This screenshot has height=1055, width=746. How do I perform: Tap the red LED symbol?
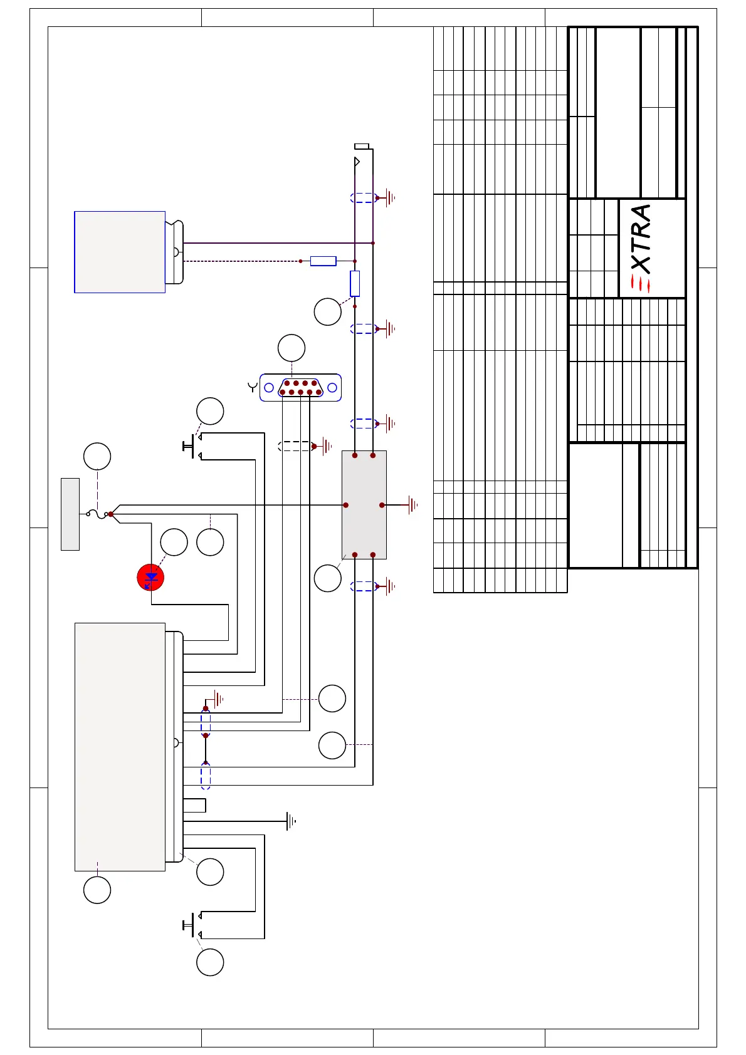150,578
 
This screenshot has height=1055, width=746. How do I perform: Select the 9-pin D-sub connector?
300,388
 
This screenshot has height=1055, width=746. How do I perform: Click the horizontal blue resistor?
323,261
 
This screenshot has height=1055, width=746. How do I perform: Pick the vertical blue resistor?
355,283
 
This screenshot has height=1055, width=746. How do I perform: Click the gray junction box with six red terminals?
364,505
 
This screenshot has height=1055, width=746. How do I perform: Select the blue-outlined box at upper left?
120,252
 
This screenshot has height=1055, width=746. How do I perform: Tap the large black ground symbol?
291,821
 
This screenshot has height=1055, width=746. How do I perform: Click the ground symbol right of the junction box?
411,505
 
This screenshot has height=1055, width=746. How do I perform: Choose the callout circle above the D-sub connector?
292,348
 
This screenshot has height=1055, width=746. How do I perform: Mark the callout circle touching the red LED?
174,543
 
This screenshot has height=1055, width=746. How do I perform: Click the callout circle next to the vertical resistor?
327,312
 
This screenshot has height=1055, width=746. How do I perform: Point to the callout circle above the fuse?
97,456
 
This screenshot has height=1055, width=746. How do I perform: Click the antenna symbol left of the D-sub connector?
253,387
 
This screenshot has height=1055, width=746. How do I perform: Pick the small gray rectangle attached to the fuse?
70,514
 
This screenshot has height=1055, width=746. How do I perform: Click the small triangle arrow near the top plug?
357,162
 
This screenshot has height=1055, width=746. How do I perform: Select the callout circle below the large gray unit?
97,890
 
